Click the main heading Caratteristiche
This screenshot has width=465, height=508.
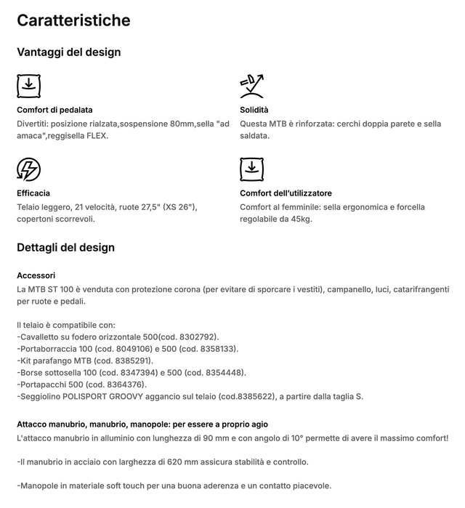(73, 20)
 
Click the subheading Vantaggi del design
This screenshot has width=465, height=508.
(68, 52)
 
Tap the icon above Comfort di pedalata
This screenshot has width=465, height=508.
(28, 86)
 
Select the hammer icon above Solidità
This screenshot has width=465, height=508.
(251, 86)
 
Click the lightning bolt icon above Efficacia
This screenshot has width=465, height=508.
(28, 169)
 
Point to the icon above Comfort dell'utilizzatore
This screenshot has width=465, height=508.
(251, 169)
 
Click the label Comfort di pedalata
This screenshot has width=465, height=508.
(54, 110)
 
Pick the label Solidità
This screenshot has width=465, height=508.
(254, 110)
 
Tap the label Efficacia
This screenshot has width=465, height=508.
(33, 193)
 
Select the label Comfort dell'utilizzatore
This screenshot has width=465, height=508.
(286, 193)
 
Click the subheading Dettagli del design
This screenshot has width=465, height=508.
(65, 247)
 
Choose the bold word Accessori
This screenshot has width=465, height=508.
(36, 275)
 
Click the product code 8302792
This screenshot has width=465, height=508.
(196, 337)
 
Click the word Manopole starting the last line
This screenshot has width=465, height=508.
(40, 485)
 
